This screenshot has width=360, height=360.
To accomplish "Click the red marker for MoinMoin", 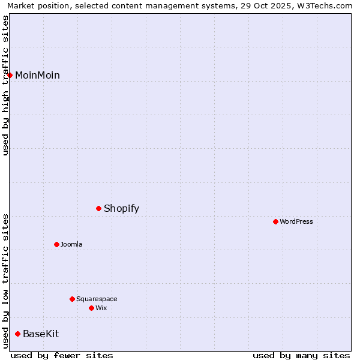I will click(10, 75).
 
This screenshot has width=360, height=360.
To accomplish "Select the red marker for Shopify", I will click(99, 208).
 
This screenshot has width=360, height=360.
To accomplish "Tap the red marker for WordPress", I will click(275, 221).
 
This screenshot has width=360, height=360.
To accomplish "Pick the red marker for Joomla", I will click(56, 244).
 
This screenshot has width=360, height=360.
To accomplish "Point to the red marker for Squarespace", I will click(72, 299).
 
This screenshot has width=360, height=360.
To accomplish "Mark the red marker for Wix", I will click(91, 308).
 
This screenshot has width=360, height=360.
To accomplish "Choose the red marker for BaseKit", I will click(18, 334).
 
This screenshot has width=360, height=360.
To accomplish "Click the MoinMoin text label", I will click(37, 75).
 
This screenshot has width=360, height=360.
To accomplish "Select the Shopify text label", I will click(121, 208).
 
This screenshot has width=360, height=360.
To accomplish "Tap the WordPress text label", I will click(296, 221).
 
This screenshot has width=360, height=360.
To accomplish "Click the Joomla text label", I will click(71, 244).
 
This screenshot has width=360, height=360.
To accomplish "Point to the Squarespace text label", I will click(97, 299).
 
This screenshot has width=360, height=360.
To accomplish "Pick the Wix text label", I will click(101, 308).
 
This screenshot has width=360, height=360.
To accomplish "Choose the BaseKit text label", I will click(41, 334).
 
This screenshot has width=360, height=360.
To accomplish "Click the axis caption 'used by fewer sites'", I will click(62, 355).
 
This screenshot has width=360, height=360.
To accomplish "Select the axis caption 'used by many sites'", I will click(301, 355).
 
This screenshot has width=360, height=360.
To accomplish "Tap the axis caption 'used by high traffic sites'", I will click(5, 85).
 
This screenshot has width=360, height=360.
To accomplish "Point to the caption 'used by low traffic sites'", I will click(5, 281).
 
